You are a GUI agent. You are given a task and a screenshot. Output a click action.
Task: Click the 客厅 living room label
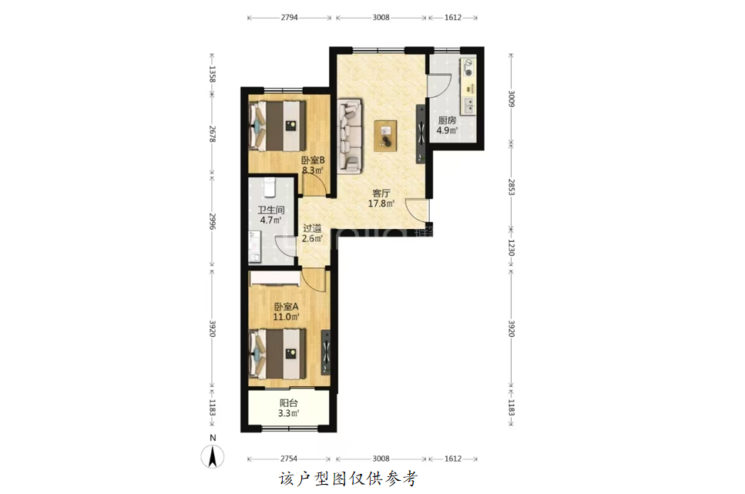coord(381,193)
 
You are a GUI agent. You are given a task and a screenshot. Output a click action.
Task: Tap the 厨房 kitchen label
coord(447,120)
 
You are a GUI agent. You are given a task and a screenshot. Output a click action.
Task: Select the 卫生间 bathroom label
coord(271,210)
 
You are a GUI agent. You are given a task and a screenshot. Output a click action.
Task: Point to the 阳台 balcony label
coord(288,403)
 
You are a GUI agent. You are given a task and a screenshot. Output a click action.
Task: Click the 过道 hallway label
coord(312,228)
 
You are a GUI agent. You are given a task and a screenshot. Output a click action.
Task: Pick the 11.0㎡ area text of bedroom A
coord(286,317)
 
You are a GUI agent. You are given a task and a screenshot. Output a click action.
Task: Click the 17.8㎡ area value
coord(381,203)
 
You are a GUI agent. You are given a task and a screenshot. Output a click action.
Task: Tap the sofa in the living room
coord(349,136)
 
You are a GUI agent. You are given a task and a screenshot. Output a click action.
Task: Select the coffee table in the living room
coord(385,136)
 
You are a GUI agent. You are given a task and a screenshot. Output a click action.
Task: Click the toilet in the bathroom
coord(270,187)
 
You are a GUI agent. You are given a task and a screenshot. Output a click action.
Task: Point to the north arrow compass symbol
coord(213,456)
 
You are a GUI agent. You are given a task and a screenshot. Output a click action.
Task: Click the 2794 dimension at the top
coord(290,18)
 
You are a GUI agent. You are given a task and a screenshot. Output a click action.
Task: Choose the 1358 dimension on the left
coord(213,74)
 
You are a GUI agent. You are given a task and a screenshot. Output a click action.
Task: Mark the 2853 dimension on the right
coord(512,187)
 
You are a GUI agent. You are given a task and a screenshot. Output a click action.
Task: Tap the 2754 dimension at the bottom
coord(288,459)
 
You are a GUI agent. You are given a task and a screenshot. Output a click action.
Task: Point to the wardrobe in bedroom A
coord(275,279)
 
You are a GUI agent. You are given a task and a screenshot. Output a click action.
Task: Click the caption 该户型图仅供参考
coord(348,479)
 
